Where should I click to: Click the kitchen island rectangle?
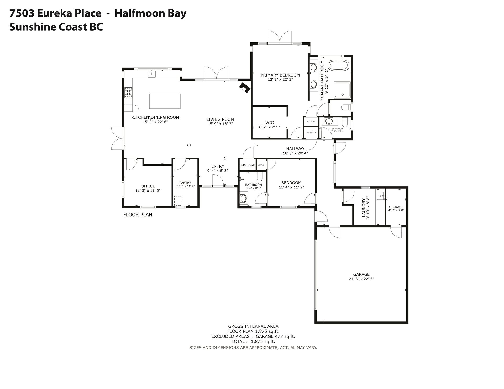coord(165,101)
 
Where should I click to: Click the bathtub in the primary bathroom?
coord(339,65)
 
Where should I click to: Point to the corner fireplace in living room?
coord(245,87)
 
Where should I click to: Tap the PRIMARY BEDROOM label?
coord(280,75)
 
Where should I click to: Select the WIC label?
coord(270,123)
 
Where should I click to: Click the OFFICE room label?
coord(148,186)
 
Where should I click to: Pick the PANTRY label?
coord(185,183)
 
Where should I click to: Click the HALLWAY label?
coord(295,149)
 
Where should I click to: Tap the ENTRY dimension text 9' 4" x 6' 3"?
coord(218,171)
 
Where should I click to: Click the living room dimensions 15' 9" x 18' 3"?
coord(220,124)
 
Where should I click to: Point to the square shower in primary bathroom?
coord(342,90)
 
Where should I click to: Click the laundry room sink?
coord(381,196)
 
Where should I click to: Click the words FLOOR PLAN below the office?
coord(138,215)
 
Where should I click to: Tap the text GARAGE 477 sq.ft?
coord(276,336)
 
